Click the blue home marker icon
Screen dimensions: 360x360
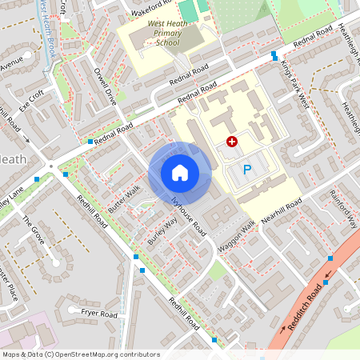pos(180,172)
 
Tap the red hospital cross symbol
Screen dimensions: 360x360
pos(232,141)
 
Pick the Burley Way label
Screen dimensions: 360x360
pos(162,234)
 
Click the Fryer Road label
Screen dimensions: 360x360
pos(98,314)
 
